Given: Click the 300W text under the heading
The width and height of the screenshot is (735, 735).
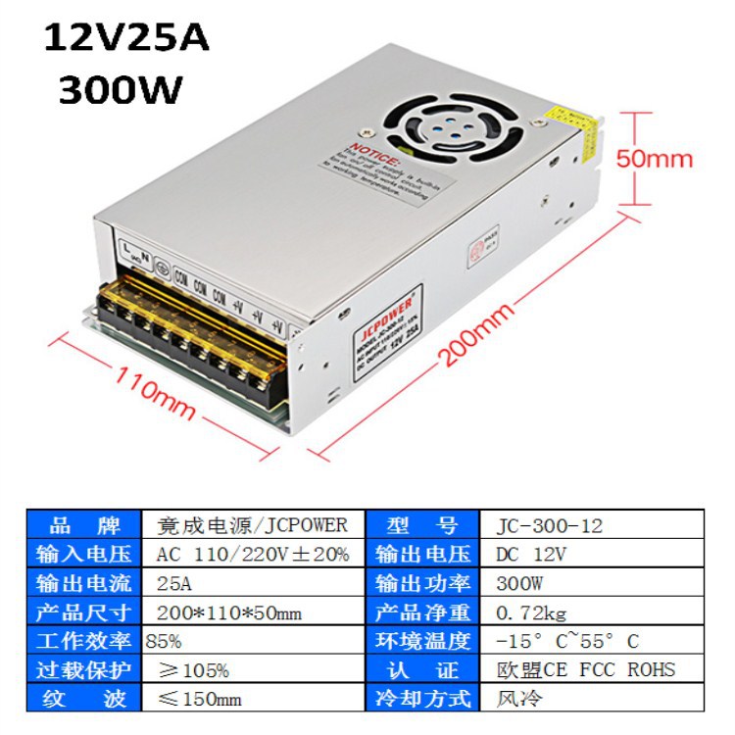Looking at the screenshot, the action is point(121,90).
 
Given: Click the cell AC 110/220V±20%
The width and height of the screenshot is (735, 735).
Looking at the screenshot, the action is point(252,554).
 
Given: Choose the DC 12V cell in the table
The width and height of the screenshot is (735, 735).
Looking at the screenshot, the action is point(525,554).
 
